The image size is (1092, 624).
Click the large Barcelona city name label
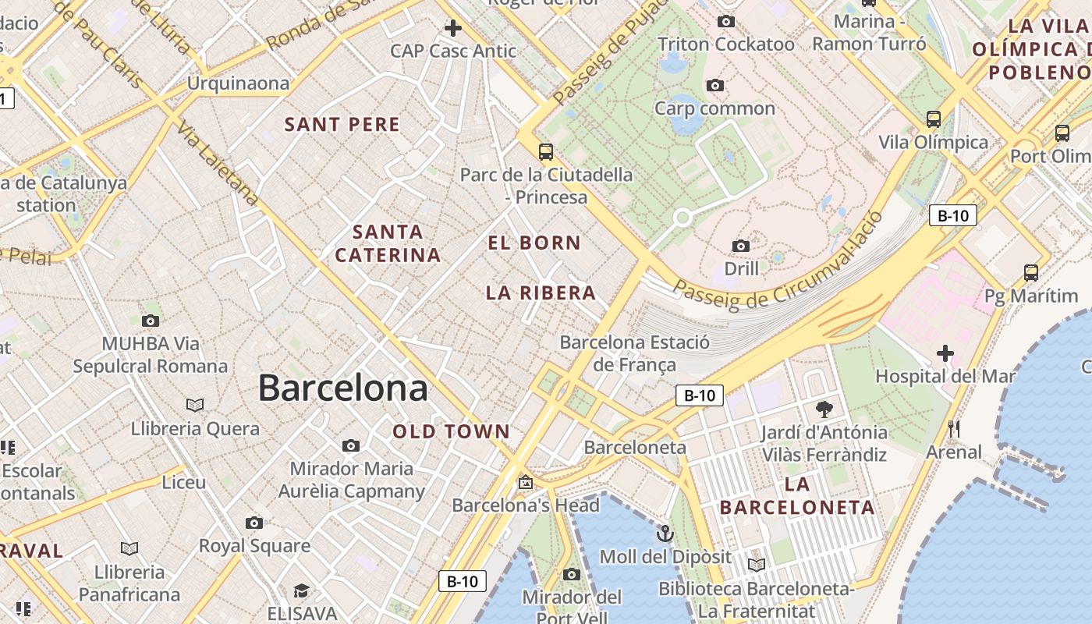pyautogui.click(x=342, y=388)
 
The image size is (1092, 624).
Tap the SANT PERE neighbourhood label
pyautogui.click(x=342, y=125)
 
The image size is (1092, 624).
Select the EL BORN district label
pyautogui.click(x=534, y=243)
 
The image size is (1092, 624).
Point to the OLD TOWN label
pyautogui.click(x=451, y=431)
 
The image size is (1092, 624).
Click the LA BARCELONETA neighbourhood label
pyautogui.click(x=796, y=496)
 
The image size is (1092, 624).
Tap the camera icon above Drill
pyautogui.click(x=741, y=246)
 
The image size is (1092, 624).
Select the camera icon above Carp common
pyautogui.click(x=714, y=86)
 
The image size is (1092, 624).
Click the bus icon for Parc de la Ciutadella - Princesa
pyautogui.click(x=546, y=151)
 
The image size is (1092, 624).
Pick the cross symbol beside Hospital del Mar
pyautogui.click(x=945, y=353)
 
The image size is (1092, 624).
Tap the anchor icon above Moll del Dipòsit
pyautogui.click(x=665, y=534)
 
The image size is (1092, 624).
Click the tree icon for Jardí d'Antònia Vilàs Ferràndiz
pyautogui.click(x=824, y=409)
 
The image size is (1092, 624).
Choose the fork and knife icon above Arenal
pyautogui.click(x=953, y=429)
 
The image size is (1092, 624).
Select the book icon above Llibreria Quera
pyautogui.click(x=195, y=405)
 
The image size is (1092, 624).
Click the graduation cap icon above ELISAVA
pyautogui.click(x=302, y=590)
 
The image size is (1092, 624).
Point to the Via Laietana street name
pyautogui.click(x=218, y=163)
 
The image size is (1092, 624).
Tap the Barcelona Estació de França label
pyautogui.click(x=635, y=353)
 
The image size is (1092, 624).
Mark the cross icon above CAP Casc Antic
pyautogui.click(x=452, y=29)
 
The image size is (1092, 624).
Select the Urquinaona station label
pyautogui.click(x=238, y=83)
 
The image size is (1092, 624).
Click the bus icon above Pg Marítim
pyautogui.click(x=1030, y=273)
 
